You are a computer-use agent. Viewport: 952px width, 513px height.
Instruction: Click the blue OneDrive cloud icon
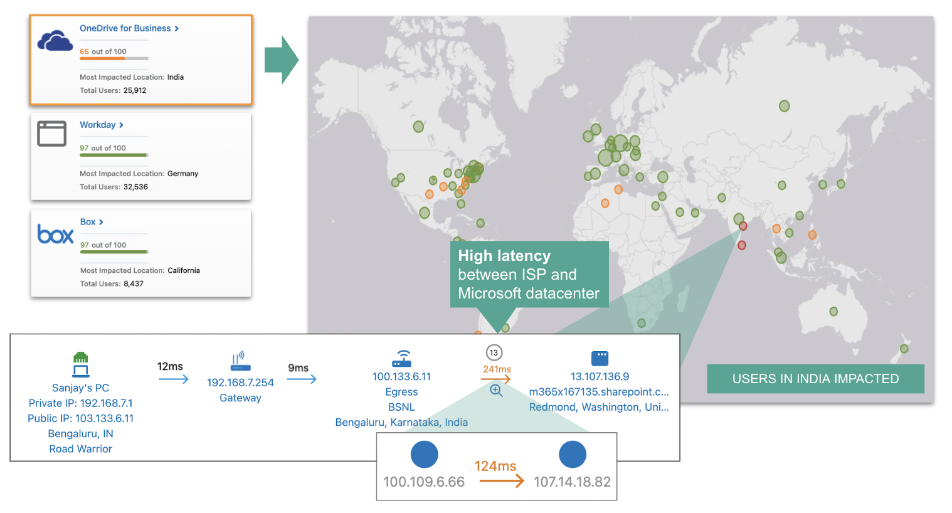click(x=55, y=41)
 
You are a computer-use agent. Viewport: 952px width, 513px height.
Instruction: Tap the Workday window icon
click(x=51, y=134)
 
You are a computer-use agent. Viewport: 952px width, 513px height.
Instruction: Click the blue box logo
click(x=55, y=234)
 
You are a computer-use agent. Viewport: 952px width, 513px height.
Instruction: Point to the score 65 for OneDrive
click(x=84, y=51)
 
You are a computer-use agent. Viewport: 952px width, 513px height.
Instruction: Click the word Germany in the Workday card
click(x=182, y=174)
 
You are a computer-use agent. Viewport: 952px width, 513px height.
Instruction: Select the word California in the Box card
click(x=184, y=270)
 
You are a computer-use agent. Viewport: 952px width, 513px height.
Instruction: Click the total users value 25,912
click(x=135, y=90)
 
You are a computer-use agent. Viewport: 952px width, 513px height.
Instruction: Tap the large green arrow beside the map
click(x=281, y=60)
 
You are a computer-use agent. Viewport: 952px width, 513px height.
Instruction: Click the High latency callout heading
click(x=504, y=256)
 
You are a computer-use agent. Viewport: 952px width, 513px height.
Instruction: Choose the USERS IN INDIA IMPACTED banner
click(x=815, y=379)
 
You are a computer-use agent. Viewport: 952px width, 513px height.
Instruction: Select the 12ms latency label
click(x=170, y=366)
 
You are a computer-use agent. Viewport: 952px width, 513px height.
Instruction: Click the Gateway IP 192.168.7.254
click(x=240, y=383)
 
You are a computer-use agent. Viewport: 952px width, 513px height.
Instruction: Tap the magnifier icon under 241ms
click(x=496, y=391)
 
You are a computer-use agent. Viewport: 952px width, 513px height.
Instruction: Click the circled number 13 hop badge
click(x=494, y=352)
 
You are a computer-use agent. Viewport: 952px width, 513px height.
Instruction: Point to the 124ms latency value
click(x=495, y=466)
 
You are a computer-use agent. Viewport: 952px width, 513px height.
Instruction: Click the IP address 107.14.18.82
click(x=572, y=482)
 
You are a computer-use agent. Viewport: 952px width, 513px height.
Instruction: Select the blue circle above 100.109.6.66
click(x=424, y=454)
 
